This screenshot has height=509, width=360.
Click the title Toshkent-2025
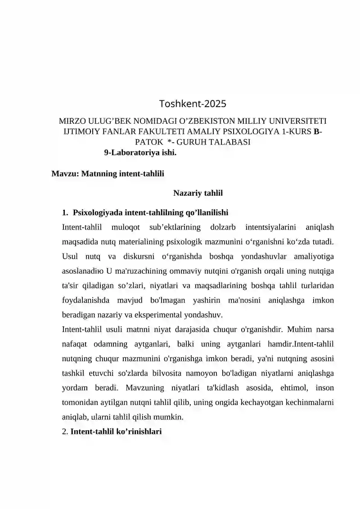pyautogui.click(x=193, y=104)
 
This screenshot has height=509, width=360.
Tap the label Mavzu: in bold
pyautogui.click(x=65, y=173)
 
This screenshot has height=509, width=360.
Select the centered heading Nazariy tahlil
pyautogui.click(x=198, y=194)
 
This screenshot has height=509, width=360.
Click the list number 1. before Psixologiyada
pyautogui.click(x=65, y=212)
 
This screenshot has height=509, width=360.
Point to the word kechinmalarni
pyautogui.click(x=311, y=402)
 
